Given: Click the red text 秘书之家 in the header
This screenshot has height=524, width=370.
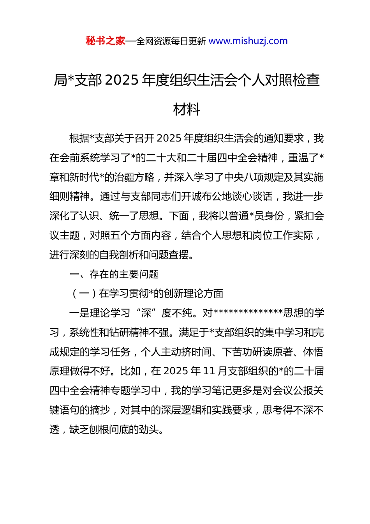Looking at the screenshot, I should click(105, 41).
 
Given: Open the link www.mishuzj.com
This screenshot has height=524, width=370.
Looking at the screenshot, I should click(248, 41).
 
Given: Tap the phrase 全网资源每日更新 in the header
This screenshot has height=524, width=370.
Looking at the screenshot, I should click(171, 41).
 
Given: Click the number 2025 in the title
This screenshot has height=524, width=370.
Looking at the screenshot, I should click(122, 80).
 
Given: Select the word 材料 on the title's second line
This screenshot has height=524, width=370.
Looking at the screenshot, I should click(187, 110).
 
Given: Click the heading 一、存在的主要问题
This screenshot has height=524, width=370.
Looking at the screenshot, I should click(114, 274).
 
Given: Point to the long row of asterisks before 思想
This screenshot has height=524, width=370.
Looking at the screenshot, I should click(248, 313).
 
